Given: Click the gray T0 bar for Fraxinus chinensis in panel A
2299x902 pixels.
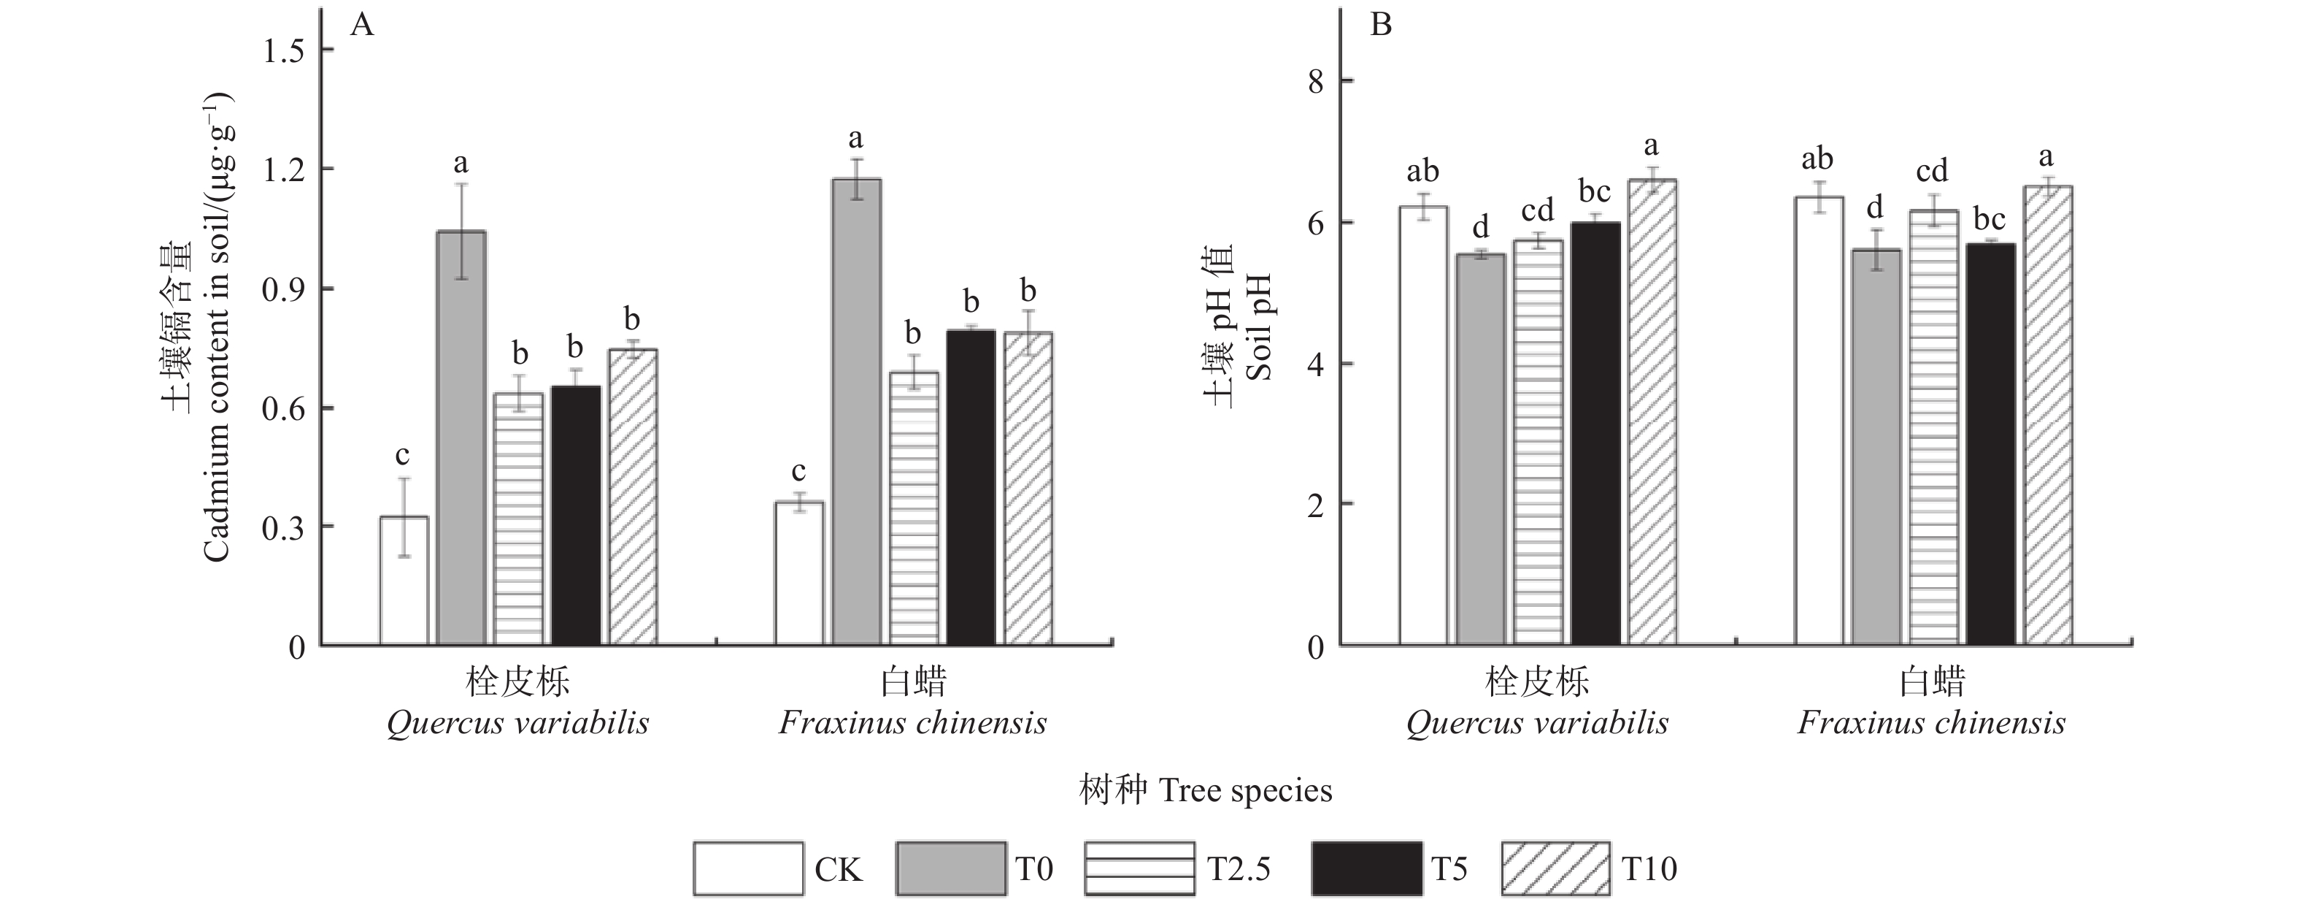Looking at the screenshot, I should point(857,410).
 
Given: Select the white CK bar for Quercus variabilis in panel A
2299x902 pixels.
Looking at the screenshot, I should point(404,581).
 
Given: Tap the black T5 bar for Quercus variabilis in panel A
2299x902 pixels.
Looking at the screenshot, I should point(576,516).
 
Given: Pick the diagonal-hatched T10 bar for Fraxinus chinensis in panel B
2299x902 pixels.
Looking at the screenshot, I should point(2048,416).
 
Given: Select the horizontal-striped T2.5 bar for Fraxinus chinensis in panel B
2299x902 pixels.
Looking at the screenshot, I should point(1934,427).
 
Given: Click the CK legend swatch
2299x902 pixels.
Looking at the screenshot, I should point(748,868).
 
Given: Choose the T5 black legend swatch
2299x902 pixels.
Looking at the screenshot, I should point(1366,868).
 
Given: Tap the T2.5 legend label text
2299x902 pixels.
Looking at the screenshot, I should point(1239,869).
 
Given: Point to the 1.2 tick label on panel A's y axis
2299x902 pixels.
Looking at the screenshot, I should point(283,169).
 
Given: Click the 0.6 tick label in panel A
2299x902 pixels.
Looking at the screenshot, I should point(283,409).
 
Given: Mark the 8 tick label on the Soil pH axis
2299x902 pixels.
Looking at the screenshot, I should point(1315,82).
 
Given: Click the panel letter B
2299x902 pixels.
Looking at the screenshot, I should point(1381,25).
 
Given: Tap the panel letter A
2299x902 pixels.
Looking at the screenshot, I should point(361,25).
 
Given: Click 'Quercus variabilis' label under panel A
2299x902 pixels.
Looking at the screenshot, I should point(517,722).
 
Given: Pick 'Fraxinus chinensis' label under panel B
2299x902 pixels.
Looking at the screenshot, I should point(1931,722).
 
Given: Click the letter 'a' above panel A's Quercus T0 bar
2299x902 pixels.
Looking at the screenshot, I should point(461,164).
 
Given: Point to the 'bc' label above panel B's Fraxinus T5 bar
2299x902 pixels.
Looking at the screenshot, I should point(1990,219).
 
